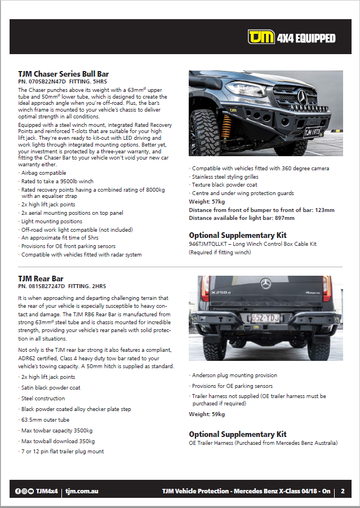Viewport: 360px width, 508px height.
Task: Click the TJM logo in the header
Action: pos(261,38)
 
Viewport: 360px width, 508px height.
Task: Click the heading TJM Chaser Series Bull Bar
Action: pos(63,74)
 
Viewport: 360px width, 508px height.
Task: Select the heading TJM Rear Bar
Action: pos(41,279)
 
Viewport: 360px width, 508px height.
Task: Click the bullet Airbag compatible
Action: pos(43,173)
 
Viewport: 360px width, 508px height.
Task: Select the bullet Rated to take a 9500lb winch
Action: pos(57,182)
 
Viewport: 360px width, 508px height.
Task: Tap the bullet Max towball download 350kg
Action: pos(57,441)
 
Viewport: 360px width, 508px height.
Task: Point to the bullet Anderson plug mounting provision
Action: pos(234,375)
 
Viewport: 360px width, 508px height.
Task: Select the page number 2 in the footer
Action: pos(343,491)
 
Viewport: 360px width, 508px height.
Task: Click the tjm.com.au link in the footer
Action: pos(82,492)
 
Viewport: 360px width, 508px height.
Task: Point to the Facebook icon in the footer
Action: pos(18,492)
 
